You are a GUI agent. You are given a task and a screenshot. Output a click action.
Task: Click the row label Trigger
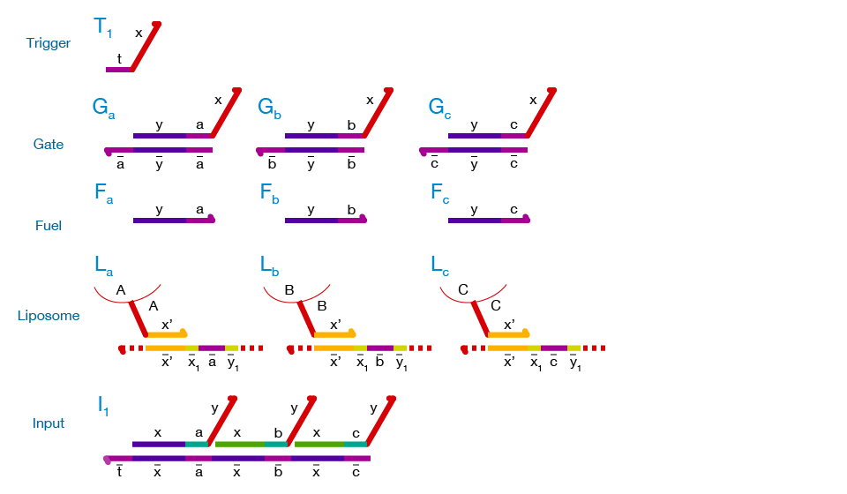tap(49, 43)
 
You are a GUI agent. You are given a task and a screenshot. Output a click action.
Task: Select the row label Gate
tap(49, 144)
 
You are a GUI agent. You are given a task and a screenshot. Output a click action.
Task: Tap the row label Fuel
tap(49, 226)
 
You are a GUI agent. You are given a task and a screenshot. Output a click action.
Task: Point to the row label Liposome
tap(49, 316)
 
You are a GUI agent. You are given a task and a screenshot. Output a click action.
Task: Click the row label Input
tap(49, 423)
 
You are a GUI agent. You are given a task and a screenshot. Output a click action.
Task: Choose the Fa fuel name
tap(103, 193)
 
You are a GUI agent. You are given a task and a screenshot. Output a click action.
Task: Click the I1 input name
tap(103, 406)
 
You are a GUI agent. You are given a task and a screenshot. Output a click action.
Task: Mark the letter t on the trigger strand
tap(119, 59)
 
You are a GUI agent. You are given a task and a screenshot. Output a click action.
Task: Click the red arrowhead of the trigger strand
tap(158, 24)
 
